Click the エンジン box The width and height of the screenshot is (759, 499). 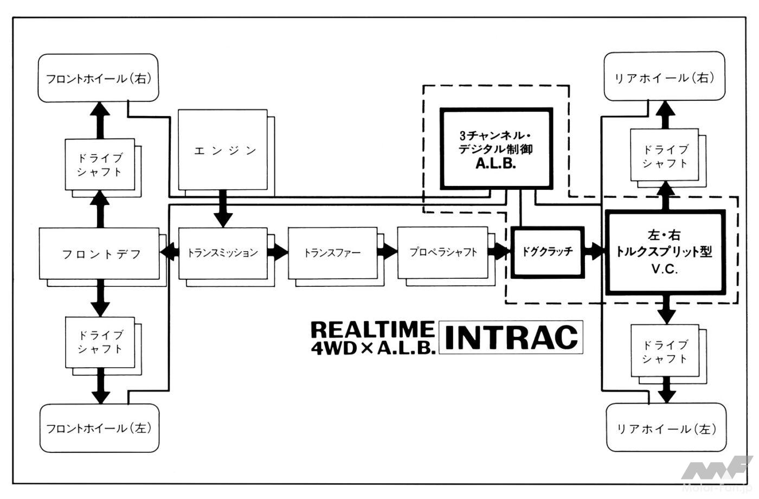tap(223, 150)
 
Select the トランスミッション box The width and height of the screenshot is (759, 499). tap(223, 253)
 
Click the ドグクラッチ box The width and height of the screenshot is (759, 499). tap(547, 252)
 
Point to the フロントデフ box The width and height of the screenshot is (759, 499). tap(100, 254)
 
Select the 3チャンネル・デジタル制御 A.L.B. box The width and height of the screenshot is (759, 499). tap(496, 149)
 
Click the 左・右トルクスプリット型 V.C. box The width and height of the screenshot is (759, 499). tap(665, 252)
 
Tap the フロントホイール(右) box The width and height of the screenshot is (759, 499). tap(98, 78)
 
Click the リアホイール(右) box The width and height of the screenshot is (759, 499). tap(664, 77)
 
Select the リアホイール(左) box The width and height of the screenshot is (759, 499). tap(665, 428)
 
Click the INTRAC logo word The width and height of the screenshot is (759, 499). tap(511, 337)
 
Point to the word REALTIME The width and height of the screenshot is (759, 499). tap(372, 329)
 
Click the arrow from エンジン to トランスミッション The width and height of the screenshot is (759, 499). tap(223, 209)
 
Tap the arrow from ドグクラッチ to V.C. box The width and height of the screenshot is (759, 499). tap(595, 252)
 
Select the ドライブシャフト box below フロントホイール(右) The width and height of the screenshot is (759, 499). tap(100, 164)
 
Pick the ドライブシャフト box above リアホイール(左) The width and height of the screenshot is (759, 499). tap(665, 351)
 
